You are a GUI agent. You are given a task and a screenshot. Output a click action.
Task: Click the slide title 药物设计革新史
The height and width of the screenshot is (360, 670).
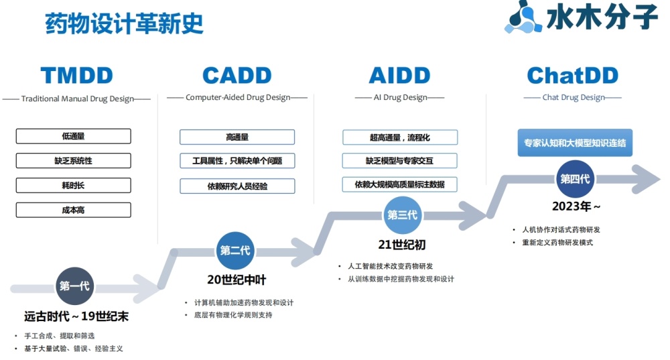124,23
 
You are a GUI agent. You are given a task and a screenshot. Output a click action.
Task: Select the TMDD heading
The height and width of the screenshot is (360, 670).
77,76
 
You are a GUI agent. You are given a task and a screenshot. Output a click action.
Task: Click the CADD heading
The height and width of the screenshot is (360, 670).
237,76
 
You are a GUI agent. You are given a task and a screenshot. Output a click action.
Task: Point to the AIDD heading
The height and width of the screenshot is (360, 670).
399,76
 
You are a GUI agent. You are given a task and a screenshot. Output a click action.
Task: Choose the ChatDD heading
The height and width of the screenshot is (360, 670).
573,76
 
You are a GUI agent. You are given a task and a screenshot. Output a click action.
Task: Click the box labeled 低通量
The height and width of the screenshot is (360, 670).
74,136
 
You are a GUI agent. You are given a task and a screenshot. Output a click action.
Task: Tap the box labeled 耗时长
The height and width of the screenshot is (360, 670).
74,186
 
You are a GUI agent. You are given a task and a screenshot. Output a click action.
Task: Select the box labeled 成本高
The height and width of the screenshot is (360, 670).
74,210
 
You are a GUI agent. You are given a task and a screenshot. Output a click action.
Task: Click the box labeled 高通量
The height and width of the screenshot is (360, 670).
237,137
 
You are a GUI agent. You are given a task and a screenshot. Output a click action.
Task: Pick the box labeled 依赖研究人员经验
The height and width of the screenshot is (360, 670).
237,186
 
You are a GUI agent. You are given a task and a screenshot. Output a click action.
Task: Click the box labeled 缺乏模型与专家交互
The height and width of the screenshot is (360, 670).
399,161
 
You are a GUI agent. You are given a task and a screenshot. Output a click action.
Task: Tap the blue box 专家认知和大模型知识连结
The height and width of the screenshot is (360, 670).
575,143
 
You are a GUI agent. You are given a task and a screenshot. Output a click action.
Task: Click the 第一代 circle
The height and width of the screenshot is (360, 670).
74,286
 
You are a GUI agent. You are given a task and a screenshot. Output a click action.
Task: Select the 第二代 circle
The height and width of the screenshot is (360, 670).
235,251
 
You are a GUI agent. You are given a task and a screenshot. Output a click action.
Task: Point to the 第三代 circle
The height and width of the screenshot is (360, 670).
402,215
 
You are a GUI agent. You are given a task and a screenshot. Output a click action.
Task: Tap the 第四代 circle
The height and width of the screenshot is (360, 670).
575,179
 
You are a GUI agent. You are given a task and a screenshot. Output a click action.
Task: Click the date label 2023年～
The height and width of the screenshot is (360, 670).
576,206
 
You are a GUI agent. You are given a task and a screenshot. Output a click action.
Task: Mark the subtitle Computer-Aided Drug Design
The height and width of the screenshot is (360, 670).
238,97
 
